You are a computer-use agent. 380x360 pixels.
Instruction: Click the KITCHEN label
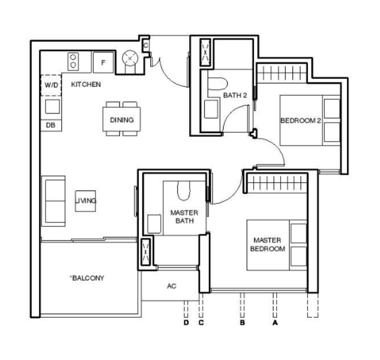[86, 85]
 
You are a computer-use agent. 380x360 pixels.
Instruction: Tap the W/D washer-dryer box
[51, 85]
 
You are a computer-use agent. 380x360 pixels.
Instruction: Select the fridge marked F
[103, 62]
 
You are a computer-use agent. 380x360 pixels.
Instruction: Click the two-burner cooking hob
[73, 62]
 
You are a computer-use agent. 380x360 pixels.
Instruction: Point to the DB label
[50, 125]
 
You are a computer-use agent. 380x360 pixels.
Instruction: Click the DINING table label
[122, 119]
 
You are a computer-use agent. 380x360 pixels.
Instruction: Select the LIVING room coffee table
[85, 201]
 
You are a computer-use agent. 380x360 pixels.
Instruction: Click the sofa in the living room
[53, 201]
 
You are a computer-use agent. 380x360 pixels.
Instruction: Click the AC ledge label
[172, 286]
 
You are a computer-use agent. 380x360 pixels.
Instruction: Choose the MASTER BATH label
[184, 217]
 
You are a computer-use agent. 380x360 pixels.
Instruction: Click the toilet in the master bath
[184, 191]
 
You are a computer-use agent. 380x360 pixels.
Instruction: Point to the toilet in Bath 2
[218, 83]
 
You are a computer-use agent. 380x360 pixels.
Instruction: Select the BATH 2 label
[235, 95]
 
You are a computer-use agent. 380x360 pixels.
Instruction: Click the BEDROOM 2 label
[301, 121]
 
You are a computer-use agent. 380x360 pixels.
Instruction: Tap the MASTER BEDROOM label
[268, 244]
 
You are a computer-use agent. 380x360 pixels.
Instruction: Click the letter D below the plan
[186, 323]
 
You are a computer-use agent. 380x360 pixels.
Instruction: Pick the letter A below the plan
[275, 323]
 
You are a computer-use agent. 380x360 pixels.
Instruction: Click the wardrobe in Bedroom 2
[282, 73]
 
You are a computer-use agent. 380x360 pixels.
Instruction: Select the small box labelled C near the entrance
[146, 46]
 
